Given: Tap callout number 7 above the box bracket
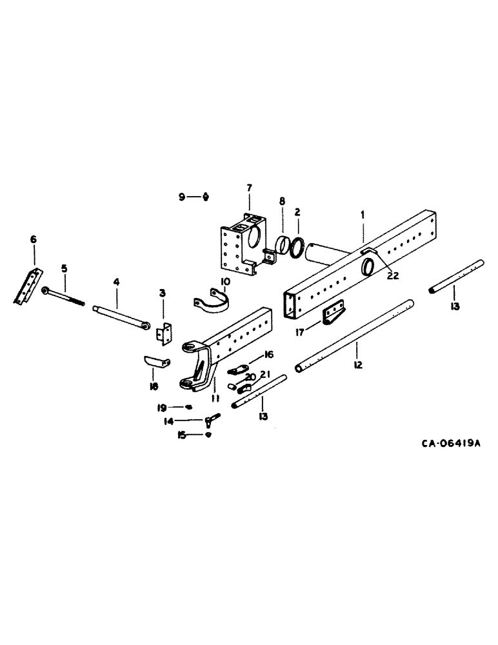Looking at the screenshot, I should pyautogui.click(x=248, y=188).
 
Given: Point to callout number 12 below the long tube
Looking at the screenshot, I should pyautogui.click(x=358, y=364).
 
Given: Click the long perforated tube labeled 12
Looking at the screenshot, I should pyautogui.click(x=355, y=335).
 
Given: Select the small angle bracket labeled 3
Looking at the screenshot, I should pyautogui.click(x=164, y=333).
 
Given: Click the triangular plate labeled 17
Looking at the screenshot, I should pyautogui.click(x=333, y=316).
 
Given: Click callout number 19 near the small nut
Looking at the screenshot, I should pyautogui.click(x=164, y=407).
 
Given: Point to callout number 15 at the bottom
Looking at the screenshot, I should pyautogui.click(x=183, y=435).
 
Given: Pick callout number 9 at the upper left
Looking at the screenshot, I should pyautogui.click(x=182, y=197).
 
